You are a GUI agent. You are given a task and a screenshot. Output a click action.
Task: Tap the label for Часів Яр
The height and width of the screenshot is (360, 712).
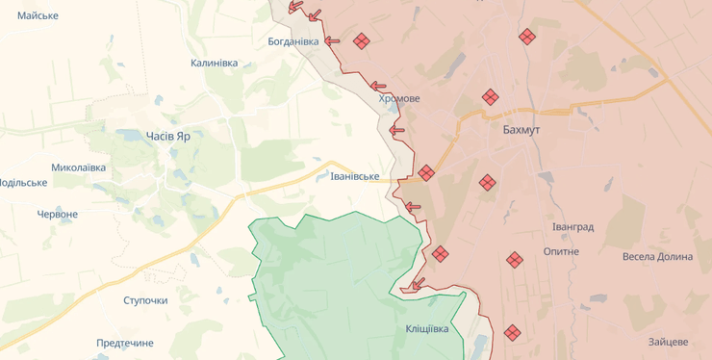point(167,136)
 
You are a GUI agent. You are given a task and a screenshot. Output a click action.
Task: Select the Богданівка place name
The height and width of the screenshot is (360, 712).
point(292,41)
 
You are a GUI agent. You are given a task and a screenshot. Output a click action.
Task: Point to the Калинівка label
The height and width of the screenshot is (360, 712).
point(214,63)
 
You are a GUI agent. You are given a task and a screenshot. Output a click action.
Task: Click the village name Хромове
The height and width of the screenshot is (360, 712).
point(399,98)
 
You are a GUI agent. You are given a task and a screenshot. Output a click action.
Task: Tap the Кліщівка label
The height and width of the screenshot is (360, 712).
point(426,329)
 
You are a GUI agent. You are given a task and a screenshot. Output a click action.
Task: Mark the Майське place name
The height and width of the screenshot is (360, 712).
point(38,15)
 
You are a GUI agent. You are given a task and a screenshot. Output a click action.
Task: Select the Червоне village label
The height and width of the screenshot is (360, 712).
point(57,214)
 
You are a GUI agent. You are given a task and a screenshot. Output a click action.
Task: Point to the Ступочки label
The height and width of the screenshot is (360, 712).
point(145,300)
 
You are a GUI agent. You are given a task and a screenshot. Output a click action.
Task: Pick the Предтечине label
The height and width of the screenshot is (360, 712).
point(124,343)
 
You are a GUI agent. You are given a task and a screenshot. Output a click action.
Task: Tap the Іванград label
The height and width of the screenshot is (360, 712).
point(572,227)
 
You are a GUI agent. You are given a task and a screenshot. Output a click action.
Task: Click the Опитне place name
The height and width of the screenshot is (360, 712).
point(561,251)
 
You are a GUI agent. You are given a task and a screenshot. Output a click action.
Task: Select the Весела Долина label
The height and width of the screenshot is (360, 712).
point(657,257)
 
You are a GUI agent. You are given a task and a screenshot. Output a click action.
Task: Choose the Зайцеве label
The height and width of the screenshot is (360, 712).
point(668,342)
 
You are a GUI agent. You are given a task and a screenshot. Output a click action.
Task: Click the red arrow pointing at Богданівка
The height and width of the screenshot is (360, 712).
point(333,40)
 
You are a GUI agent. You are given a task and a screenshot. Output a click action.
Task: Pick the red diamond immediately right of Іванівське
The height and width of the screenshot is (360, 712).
point(426,173)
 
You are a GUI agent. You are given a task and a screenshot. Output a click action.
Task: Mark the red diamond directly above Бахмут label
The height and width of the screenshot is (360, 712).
point(490,97)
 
